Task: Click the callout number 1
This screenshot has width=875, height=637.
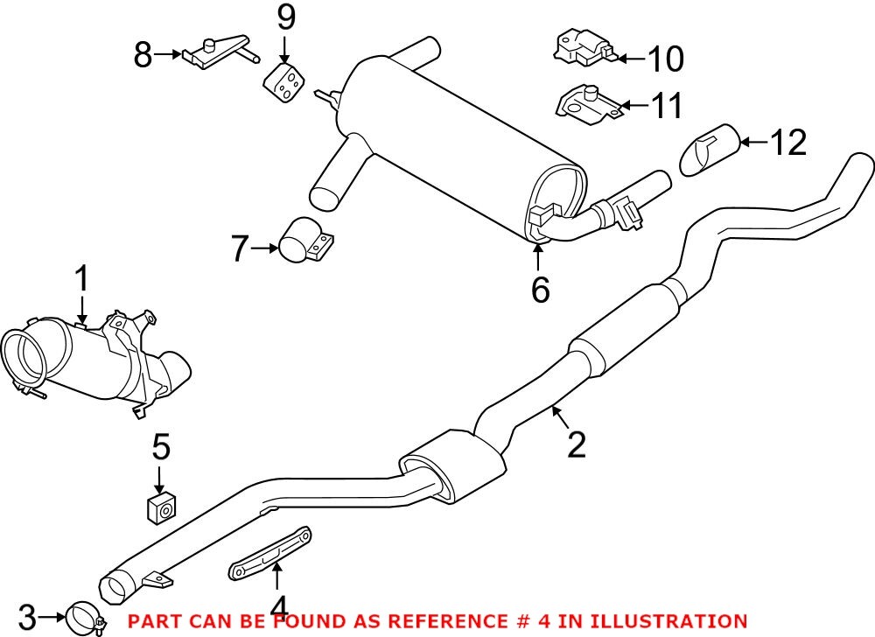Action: click(80, 280)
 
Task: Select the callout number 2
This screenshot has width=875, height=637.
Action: click(576, 444)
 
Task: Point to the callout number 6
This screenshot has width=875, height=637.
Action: click(540, 289)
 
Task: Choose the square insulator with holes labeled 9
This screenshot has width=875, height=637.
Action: click(284, 80)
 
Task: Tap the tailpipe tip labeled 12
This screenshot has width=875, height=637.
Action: click(708, 150)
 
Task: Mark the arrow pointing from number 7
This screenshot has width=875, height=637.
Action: click(264, 249)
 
